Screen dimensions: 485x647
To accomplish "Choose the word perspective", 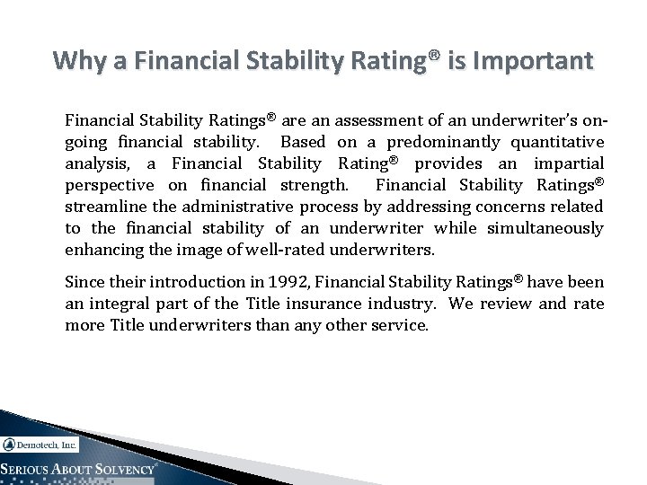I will coord(108,185).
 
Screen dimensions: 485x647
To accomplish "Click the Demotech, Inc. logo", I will coord(40,444).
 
